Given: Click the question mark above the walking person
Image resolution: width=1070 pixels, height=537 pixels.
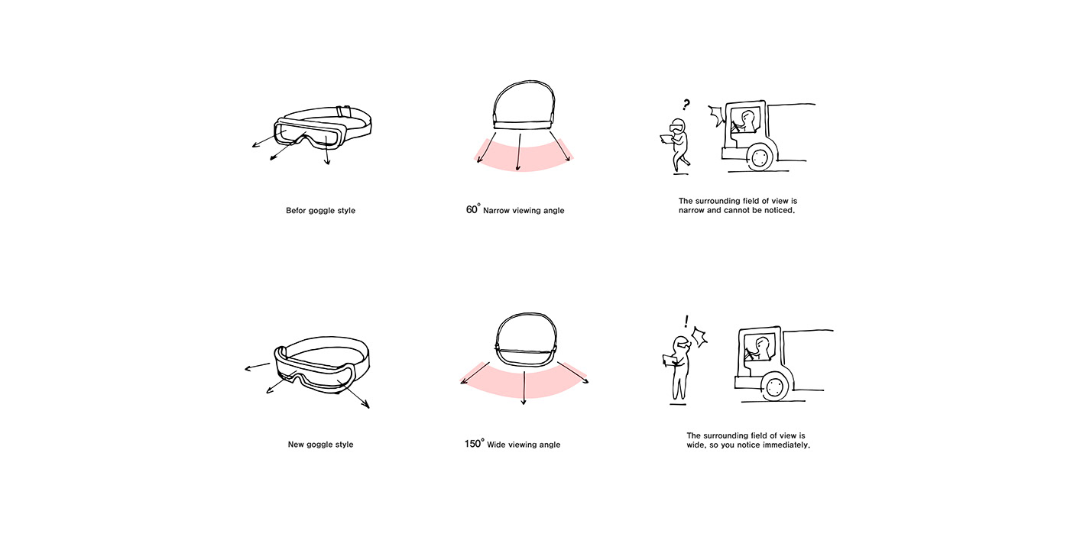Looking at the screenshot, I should tap(686, 105).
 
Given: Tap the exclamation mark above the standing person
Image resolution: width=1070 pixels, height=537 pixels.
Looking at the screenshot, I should tap(687, 322).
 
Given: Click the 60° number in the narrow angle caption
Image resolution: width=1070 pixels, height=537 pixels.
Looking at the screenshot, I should tap(473, 209).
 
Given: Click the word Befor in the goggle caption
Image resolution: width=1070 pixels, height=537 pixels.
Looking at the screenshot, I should tap(296, 211).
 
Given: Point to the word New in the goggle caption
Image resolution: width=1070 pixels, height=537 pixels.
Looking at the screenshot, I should tap(296, 445).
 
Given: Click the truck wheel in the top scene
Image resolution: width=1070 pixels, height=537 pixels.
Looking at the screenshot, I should tap(759, 157).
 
